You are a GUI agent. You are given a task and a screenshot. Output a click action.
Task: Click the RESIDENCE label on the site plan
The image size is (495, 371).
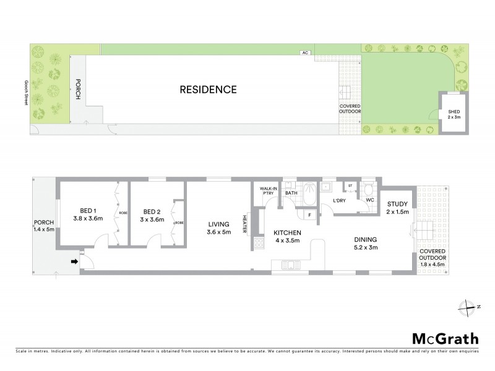point(208,89)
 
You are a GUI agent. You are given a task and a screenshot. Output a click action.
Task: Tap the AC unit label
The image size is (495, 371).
point(304,53)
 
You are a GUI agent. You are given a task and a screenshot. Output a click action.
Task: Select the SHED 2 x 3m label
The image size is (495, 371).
point(454,114)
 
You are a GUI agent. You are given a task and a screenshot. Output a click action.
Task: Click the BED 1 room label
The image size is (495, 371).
point(87,213)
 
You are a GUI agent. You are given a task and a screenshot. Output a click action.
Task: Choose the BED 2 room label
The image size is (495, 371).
point(152,213)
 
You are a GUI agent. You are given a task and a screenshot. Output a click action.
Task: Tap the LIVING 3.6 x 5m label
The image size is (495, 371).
point(218,228)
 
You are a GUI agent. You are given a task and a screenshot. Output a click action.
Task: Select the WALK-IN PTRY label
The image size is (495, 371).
point(268,190)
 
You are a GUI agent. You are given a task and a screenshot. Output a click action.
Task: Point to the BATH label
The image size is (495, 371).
point(291,193)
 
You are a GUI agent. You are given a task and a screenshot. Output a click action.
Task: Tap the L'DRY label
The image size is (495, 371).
point(339,202)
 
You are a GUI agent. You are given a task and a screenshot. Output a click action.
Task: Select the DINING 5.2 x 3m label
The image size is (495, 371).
point(366,243)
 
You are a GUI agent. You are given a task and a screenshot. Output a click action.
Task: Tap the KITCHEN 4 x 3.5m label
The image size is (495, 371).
point(287,237)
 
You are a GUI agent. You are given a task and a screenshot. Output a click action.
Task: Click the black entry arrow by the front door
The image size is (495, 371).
point(75,262)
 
